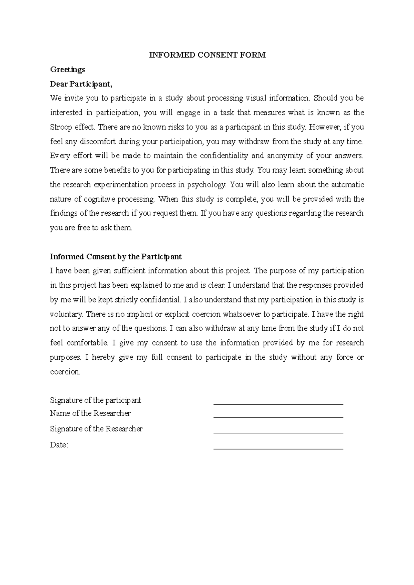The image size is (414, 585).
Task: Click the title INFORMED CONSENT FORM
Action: click(207, 55)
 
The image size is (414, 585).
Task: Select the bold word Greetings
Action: click(67, 70)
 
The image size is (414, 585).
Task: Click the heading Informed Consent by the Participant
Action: click(116, 257)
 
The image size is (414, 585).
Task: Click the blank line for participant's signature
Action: click(278, 403)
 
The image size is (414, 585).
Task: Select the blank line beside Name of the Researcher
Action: click(278, 417)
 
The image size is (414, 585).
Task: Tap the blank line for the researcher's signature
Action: click(278, 432)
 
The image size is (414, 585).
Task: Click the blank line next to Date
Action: click(278, 448)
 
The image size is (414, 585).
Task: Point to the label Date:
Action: click(59, 445)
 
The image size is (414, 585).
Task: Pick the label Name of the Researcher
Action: click(90, 413)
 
